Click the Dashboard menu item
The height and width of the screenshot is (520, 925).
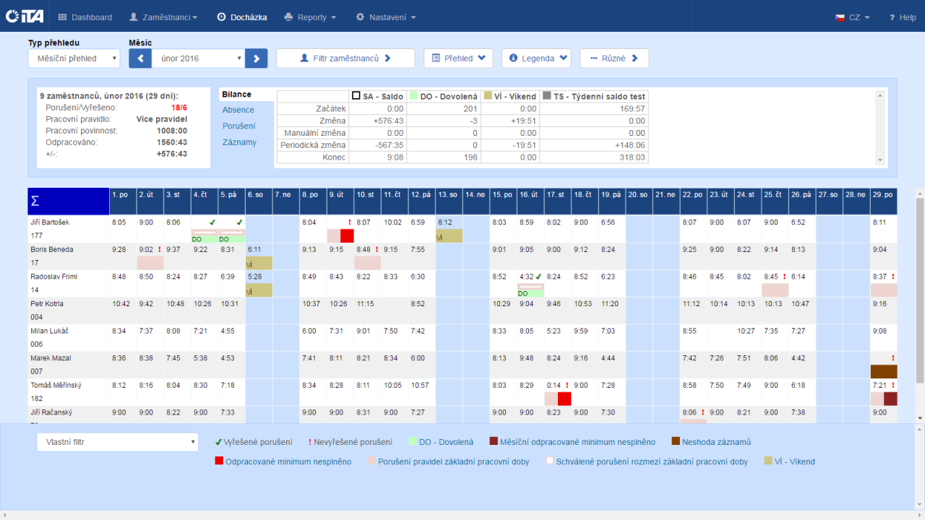(x=85, y=17)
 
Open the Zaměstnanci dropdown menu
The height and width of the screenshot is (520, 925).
(x=163, y=17)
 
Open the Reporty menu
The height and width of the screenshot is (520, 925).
(x=311, y=17)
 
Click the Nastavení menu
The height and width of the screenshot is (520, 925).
(x=386, y=17)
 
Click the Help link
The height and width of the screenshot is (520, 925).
(x=903, y=17)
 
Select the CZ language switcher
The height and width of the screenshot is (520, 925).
(x=853, y=17)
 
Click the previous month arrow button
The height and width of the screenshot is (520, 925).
(x=140, y=58)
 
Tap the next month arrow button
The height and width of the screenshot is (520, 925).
(x=257, y=58)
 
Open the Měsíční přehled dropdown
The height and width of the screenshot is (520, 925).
(x=74, y=58)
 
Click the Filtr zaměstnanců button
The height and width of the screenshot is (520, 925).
(x=345, y=58)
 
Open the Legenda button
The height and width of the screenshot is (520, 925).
(x=536, y=58)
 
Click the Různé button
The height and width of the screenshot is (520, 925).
(x=614, y=58)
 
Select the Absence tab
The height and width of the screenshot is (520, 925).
(x=238, y=110)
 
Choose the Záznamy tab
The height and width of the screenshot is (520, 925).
(x=239, y=142)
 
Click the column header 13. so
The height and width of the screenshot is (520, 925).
(x=449, y=195)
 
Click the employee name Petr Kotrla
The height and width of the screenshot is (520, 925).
(x=48, y=304)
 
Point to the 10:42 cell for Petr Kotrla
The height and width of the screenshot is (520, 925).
(x=121, y=304)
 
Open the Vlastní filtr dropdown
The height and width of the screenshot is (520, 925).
(x=117, y=442)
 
